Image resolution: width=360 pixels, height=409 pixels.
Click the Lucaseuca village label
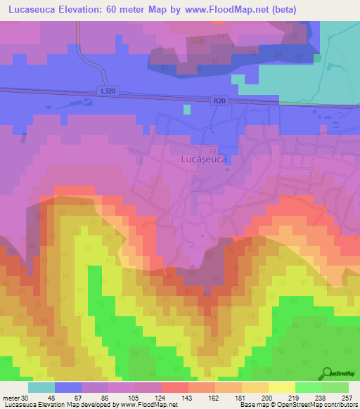pos(204,160)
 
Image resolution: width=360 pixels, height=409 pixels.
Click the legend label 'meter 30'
pos(15,398)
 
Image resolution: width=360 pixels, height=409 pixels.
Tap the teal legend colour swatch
pos(41,387)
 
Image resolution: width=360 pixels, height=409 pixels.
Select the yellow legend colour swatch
pos(281,387)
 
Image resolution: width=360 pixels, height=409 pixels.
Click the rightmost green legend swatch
pos(335,387)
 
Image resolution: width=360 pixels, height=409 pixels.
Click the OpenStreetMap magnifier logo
pos(327,373)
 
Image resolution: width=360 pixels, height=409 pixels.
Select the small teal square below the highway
pos(186,109)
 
